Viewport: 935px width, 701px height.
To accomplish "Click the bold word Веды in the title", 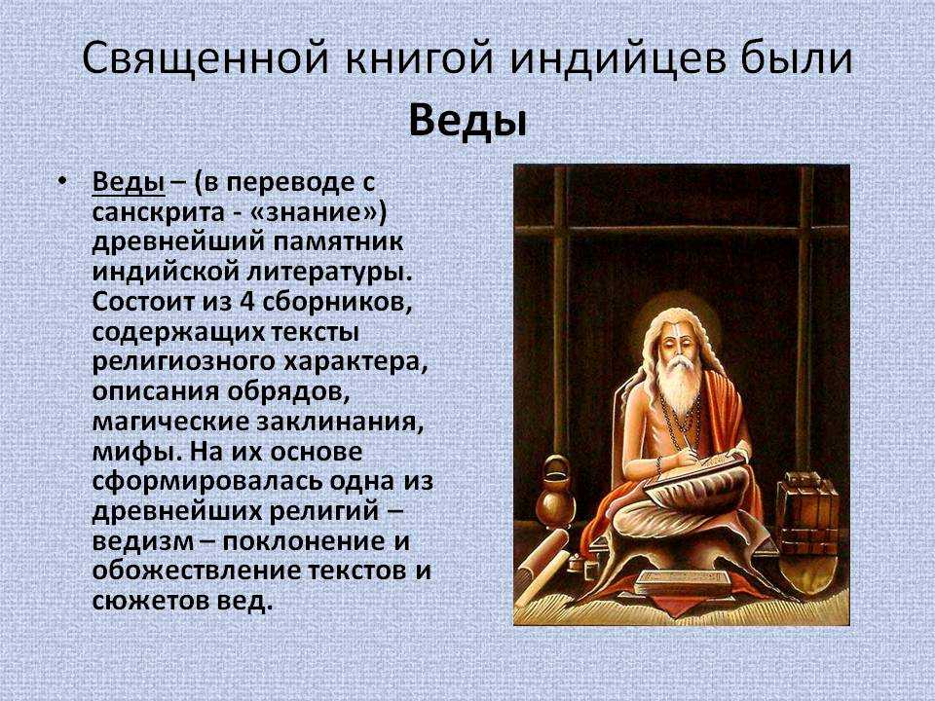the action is pyautogui.click(x=468, y=122).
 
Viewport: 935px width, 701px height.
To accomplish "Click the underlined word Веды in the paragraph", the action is pyautogui.click(x=129, y=182).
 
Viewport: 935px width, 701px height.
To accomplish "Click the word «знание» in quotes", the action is pyautogui.click(x=323, y=212).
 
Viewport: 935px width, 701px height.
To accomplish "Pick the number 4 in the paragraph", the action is pyautogui.click(x=246, y=302).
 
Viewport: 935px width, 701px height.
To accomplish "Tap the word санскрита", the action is pyautogui.click(x=156, y=213).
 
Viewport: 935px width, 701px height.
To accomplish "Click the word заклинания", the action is pyautogui.click(x=341, y=422).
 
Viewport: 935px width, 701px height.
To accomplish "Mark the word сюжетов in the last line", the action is pyautogui.click(x=150, y=601).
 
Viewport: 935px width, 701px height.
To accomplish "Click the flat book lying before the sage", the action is pyautogui.click(x=684, y=582).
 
